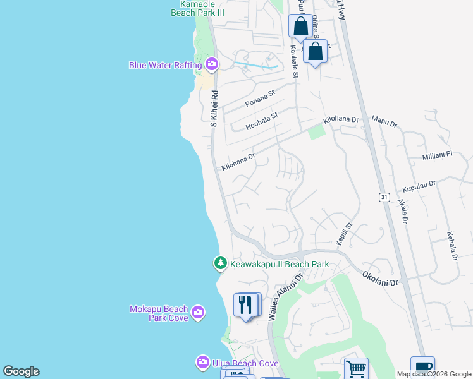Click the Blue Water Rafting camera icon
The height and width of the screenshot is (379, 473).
[212, 64]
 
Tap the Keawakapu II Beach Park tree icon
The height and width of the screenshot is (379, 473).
[220, 263]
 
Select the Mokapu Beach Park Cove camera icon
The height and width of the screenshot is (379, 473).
[198, 313]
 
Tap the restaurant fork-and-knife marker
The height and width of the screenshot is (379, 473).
[243, 304]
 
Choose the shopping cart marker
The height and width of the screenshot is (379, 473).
[356, 369]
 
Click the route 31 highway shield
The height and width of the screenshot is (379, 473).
[384, 198]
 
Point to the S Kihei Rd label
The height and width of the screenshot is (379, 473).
[214, 107]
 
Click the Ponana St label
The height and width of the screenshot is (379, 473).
[261, 99]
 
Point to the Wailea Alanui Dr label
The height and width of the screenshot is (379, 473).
[286, 295]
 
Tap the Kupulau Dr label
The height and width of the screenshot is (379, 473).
[419, 185]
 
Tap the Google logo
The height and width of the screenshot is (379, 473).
[21, 371]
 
